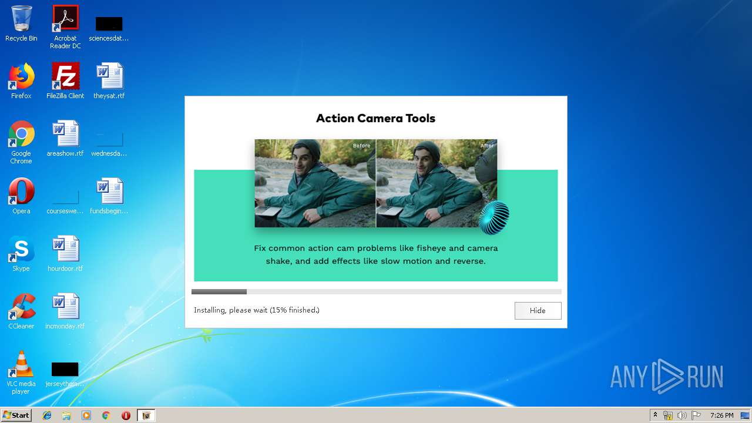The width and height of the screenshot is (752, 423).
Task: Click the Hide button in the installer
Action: (538, 310)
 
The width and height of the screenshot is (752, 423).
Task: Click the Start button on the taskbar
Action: (16, 415)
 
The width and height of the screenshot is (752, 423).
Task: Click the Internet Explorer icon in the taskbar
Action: (47, 415)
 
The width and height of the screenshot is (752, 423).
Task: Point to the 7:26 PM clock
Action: (721, 415)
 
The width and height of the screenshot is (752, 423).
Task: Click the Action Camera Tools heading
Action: (375, 118)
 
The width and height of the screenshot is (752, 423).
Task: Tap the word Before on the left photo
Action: (361, 146)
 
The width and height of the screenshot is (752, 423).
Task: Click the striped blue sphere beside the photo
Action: (493, 217)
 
